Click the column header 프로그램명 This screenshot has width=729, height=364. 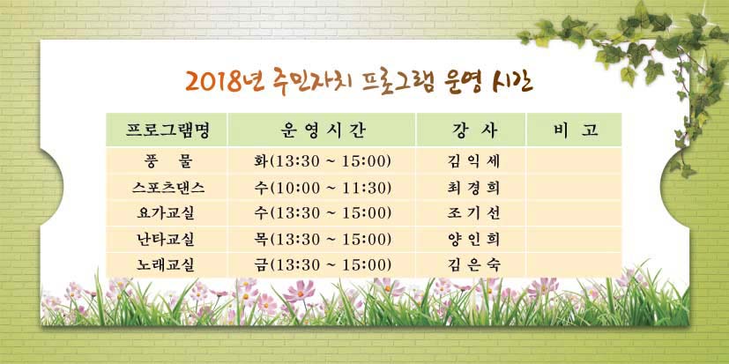(167, 130)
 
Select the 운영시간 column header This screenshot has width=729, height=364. (324, 130)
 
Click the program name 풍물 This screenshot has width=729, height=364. (167, 161)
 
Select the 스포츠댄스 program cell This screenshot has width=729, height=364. (167, 188)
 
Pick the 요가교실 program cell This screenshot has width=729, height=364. (166, 213)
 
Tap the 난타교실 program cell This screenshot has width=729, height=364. (166, 239)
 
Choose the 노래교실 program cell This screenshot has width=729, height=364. (166, 265)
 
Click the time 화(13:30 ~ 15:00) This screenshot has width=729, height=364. (323, 161)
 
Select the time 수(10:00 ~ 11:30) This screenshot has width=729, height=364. (323, 188)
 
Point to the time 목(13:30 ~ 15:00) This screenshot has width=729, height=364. (323, 239)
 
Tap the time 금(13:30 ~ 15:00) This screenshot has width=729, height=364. (323, 265)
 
